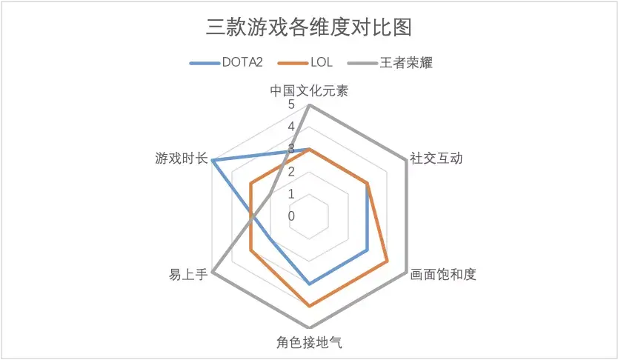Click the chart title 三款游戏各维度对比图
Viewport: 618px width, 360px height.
[308, 28]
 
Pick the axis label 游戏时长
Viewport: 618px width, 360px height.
[181, 158]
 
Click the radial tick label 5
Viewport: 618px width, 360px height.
[292, 105]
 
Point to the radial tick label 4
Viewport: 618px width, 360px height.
[292, 127]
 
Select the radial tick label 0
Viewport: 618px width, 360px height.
[292, 216]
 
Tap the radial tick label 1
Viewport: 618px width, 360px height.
[292, 194]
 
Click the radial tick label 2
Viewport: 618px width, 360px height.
[292, 172]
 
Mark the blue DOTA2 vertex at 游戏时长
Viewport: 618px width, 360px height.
[213, 161]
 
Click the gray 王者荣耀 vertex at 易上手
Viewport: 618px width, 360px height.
[213, 272]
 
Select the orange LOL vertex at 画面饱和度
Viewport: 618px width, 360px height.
[386, 261]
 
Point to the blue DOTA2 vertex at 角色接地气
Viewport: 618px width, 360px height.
[309, 283]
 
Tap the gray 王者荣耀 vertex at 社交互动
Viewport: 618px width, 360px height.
[405, 161]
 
